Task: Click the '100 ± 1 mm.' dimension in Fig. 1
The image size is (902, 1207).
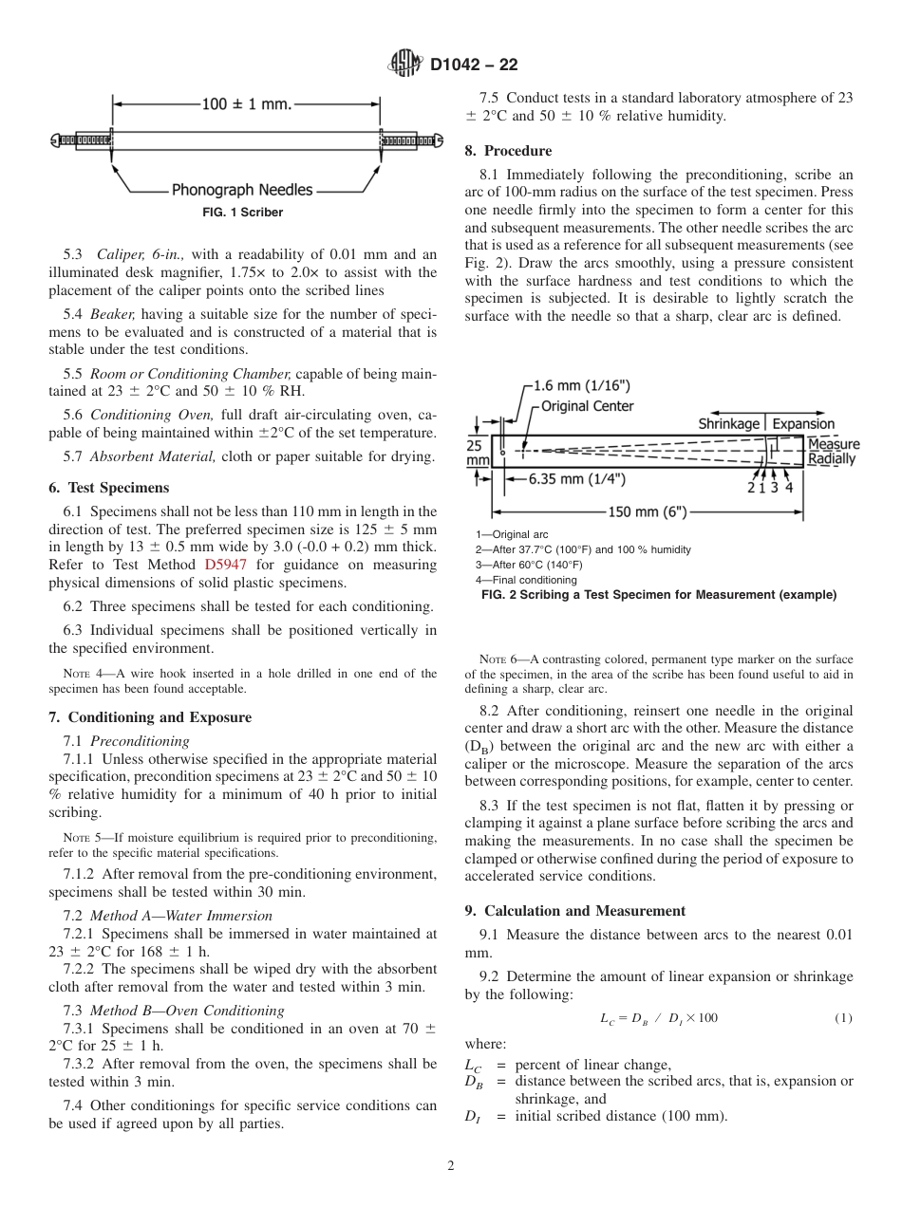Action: pyautogui.click(x=246, y=103)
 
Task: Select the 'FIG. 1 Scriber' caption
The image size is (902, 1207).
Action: pyautogui.click(x=242, y=213)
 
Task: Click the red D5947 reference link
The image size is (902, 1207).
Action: pyautogui.click(x=224, y=565)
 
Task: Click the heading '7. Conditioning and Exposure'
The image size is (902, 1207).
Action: pyautogui.click(x=150, y=717)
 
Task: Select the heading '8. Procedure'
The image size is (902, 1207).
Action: pyautogui.click(x=508, y=151)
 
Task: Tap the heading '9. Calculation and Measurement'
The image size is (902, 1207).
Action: pyautogui.click(x=574, y=911)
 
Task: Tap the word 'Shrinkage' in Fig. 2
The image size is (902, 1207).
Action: pyautogui.click(x=729, y=423)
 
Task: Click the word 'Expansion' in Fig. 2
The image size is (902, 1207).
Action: pyautogui.click(x=803, y=423)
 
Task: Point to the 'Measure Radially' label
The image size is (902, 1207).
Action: pyautogui.click(x=832, y=452)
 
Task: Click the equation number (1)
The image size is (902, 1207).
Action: pyautogui.click(x=843, y=1018)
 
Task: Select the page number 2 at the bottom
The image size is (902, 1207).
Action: pyautogui.click(x=451, y=1166)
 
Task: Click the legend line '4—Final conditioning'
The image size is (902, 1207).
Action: pyautogui.click(x=526, y=580)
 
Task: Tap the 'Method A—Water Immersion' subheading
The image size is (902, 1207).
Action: pyautogui.click(x=180, y=916)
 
